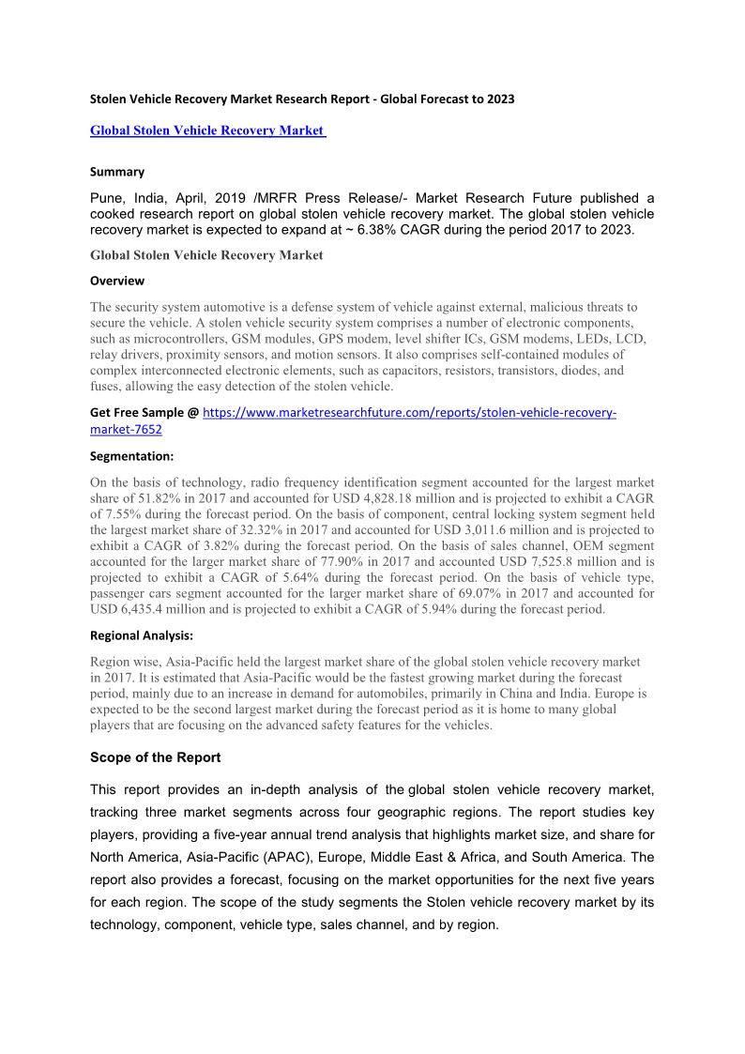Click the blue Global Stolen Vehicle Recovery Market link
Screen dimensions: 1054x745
(206, 130)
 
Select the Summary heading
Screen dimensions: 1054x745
(117, 172)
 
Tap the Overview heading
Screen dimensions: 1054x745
(117, 281)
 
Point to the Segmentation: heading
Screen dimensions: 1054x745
(131, 456)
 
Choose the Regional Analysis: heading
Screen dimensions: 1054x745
(142, 635)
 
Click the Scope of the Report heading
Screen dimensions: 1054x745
(156, 756)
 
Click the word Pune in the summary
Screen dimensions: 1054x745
(108, 199)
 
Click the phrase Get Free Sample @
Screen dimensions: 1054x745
(144, 413)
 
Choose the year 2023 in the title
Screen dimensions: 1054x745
(499, 99)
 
